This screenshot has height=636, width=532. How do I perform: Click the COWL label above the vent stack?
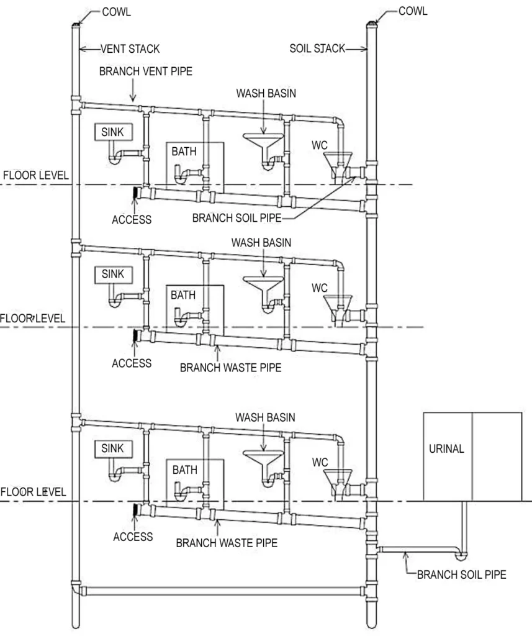[x=116, y=12]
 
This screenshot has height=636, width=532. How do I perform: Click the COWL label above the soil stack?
[x=413, y=11]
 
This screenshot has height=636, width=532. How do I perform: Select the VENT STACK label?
[x=130, y=48]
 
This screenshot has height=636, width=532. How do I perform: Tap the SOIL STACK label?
[x=317, y=48]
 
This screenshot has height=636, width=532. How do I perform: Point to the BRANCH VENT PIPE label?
[x=146, y=71]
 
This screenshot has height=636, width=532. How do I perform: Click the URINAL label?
[x=446, y=449]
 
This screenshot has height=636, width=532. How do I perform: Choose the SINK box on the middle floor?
[x=113, y=274]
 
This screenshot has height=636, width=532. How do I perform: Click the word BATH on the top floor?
[x=184, y=151]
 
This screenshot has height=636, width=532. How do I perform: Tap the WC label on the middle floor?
[x=320, y=288]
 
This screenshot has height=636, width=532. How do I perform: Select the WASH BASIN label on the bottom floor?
[x=265, y=417]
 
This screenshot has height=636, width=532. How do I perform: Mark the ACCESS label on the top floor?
[x=132, y=220]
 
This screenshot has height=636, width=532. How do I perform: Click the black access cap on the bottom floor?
[x=134, y=510]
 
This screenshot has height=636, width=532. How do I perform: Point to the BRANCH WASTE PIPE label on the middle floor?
[x=230, y=368]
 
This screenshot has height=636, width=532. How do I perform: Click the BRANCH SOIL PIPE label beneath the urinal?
[x=461, y=575]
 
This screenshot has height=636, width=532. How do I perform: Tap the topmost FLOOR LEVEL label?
[x=35, y=175]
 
